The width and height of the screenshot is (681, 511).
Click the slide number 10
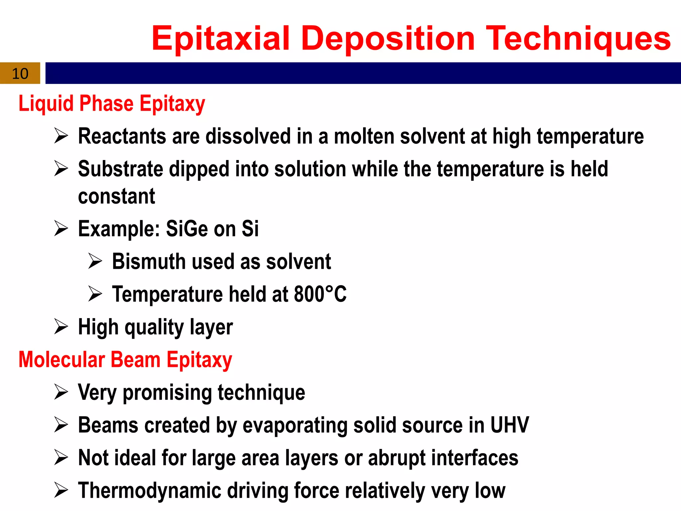(20, 74)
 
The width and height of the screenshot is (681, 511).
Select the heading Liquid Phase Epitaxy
(112, 104)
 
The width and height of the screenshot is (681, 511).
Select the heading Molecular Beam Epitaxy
(125, 360)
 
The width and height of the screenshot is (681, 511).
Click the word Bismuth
(149, 261)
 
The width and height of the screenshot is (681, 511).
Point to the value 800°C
(320, 294)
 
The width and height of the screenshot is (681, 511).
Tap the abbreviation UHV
(509, 425)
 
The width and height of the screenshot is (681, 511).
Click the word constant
(116, 196)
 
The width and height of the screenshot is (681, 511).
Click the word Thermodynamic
(150, 491)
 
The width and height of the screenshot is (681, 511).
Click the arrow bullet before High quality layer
(61, 326)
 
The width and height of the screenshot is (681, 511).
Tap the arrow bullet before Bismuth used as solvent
(95, 261)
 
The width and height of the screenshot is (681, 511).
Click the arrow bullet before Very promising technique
(61, 392)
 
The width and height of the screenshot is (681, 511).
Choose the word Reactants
(122, 136)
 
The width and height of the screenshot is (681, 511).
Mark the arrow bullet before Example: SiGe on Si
(61, 229)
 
